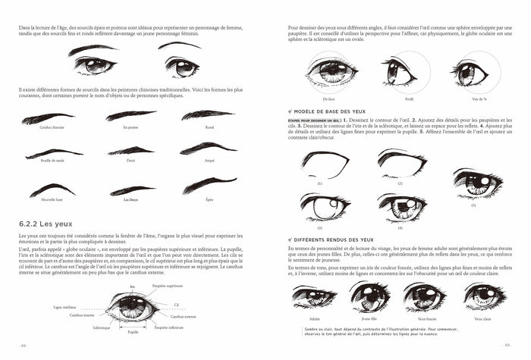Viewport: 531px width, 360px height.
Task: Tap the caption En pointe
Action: pos(131,127)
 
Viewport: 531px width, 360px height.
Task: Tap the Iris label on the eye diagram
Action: pos(133,286)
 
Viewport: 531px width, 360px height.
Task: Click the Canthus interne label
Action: pos(83,315)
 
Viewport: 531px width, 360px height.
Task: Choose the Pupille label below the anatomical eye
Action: pos(134,332)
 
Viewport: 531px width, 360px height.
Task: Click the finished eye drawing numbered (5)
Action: pos(478,183)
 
